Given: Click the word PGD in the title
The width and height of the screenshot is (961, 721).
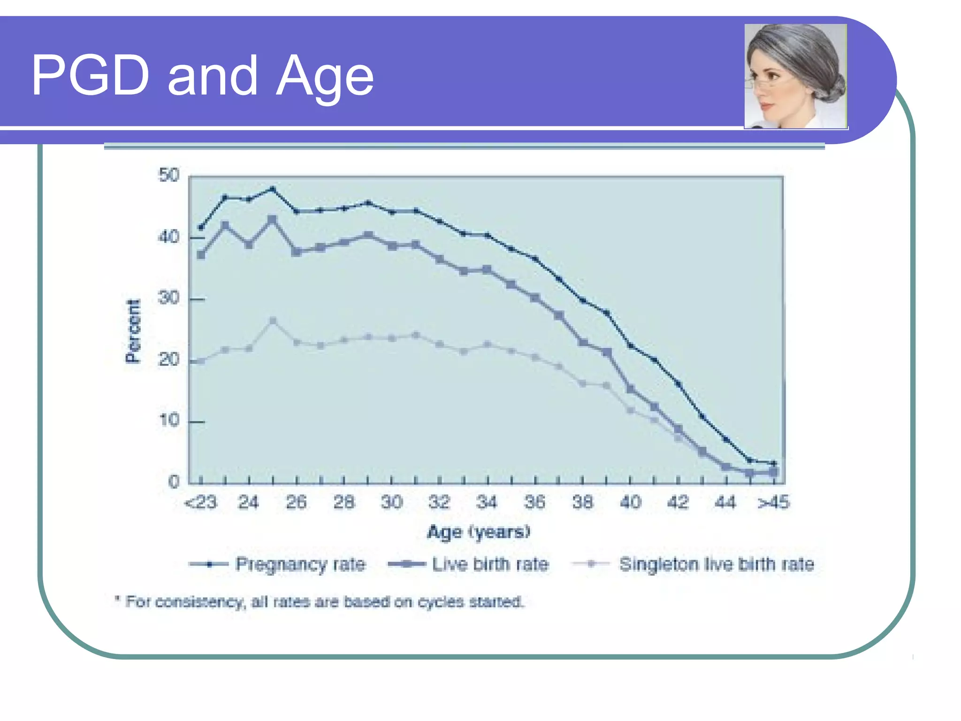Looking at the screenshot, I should point(90,75).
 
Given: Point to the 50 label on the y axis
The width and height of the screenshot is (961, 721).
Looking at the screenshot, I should point(168,176).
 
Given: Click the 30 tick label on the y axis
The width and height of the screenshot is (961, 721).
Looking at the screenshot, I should point(168,298).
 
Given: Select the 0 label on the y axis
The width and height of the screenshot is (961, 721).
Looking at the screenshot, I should point(174,482).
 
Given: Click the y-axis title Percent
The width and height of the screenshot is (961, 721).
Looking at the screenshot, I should point(133,331).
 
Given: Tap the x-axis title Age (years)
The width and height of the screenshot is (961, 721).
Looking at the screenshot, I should point(479,532).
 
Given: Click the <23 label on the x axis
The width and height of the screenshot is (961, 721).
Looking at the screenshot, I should point(201,503).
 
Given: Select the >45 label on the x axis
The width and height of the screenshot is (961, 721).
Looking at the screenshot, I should point(773,503).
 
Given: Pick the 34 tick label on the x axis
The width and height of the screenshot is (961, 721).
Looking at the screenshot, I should point(487,503).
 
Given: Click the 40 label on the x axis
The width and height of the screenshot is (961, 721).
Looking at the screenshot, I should point(630,503).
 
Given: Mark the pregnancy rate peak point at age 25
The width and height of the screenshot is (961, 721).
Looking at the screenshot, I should point(273,189).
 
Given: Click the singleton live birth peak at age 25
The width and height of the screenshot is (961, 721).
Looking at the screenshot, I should point(273,321).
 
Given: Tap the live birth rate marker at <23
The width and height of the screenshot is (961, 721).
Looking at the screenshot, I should point(201,255).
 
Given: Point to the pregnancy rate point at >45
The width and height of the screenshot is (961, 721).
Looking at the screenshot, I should point(774,463).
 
